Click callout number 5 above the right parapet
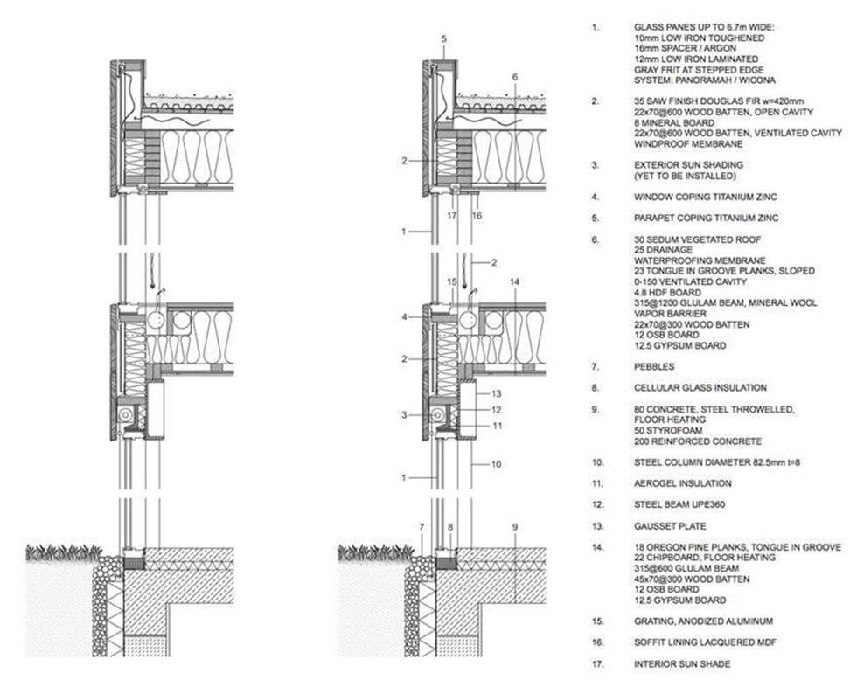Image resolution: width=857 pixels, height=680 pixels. pos(444,39)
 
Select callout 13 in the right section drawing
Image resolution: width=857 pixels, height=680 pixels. pos(495,394)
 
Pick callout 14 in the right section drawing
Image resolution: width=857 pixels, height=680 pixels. pos(514,281)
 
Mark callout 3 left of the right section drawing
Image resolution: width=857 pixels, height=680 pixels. pos(405,414)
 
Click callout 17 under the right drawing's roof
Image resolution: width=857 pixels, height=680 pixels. pos(453,213)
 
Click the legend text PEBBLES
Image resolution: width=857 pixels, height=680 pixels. pos(656,366)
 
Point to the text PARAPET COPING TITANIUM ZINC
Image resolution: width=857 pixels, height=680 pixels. pos(706,218)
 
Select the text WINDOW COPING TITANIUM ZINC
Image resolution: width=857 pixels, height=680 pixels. pos(705,197)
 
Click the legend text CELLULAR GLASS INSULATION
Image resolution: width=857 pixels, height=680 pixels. pos(700,387)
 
